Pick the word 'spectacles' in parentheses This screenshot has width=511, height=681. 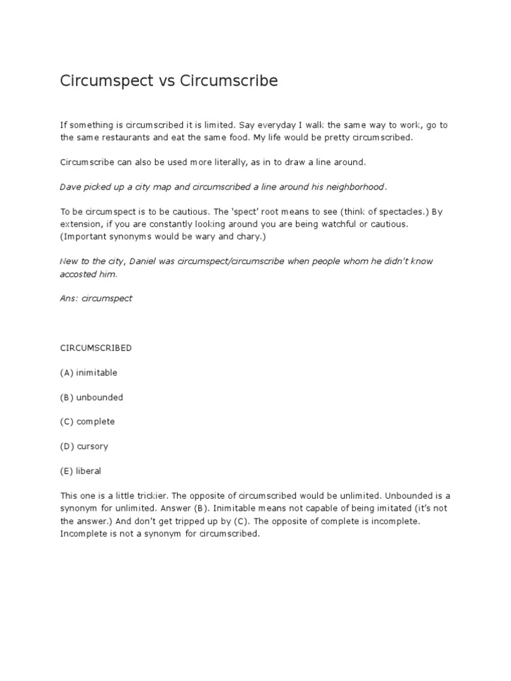tap(394, 212)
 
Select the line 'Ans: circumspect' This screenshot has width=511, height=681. tap(96, 299)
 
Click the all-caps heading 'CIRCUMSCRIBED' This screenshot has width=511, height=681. tap(96, 348)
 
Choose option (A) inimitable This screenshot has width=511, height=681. tap(88, 372)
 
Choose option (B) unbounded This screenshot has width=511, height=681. tap(91, 397)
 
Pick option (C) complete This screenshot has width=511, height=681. tap(87, 422)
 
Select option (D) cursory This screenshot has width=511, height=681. tap(84, 446)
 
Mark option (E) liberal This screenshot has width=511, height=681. tap(81, 471)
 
